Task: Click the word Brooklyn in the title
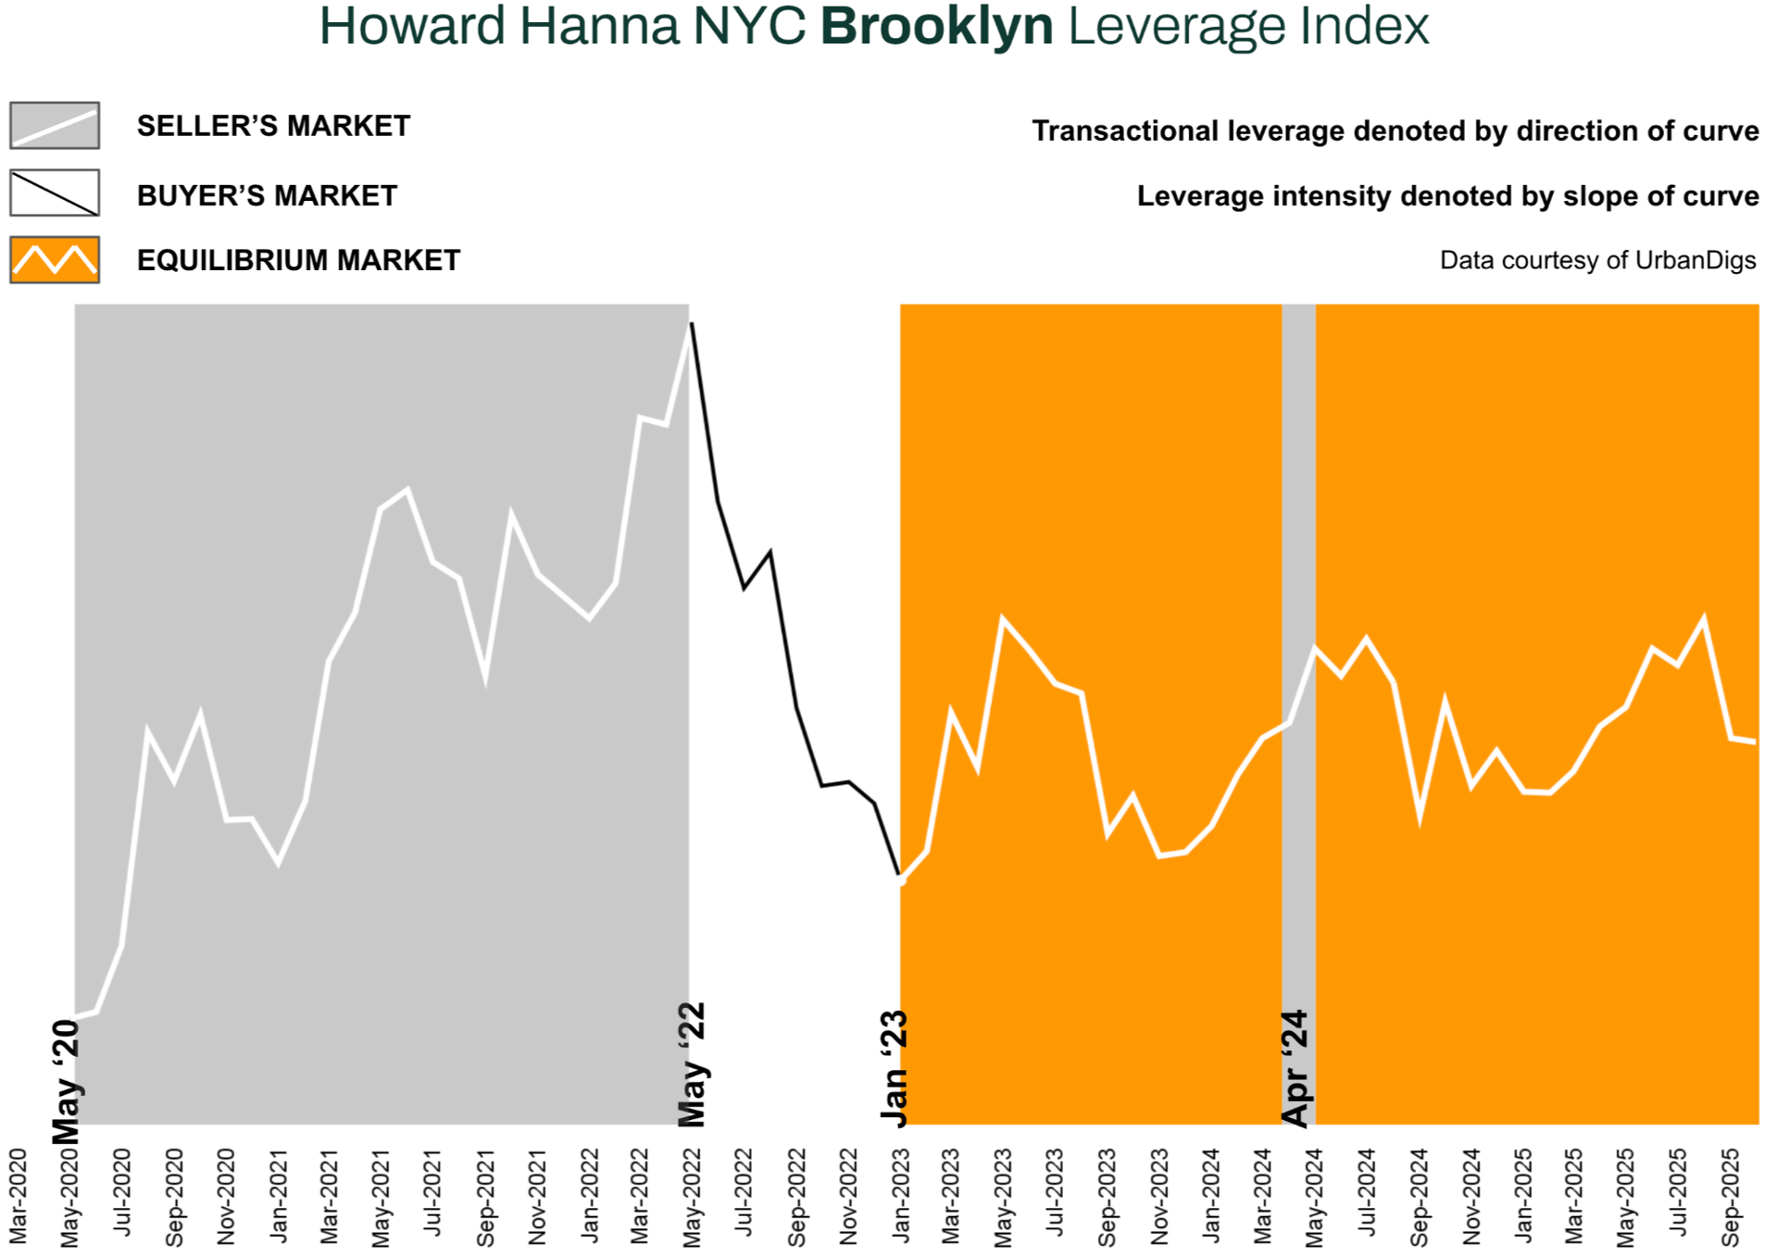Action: pyautogui.click(x=936, y=26)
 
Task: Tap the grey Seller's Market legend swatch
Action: pyautogui.click(x=55, y=126)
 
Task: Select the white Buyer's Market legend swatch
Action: pyautogui.click(x=55, y=193)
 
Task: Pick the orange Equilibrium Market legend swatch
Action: pyautogui.click(x=55, y=260)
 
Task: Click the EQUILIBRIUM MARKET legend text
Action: pyautogui.click(x=298, y=261)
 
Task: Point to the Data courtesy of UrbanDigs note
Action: pyautogui.click(x=1597, y=261)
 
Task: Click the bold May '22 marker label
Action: pyautogui.click(x=693, y=1064)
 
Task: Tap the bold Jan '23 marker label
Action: pyautogui.click(x=895, y=1069)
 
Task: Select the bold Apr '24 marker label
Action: pyautogui.click(x=1296, y=1069)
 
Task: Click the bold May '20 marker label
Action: pyautogui.click(x=67, y=1081)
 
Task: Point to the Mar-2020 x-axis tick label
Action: pyautogui.click(x=18, y=1197)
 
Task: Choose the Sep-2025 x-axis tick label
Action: pyautogui.click(x=1730, y=1197)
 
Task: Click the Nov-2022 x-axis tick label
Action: pyautogui.click(x=848, y=1197)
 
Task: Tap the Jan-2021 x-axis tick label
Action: pyautogui.click(x=279, y=1197)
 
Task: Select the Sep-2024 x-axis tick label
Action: pyautogui.click(x=1419, y=1197)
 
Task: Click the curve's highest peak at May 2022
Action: pyautogui.click(x=691, y=324)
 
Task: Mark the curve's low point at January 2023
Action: pyautogui.click(x=900, y=877)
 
